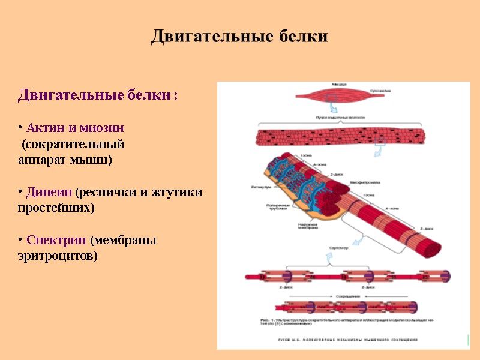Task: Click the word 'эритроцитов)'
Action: click(57, 256)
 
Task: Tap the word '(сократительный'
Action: click(73, 145)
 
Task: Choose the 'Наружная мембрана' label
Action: click(308, 226)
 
